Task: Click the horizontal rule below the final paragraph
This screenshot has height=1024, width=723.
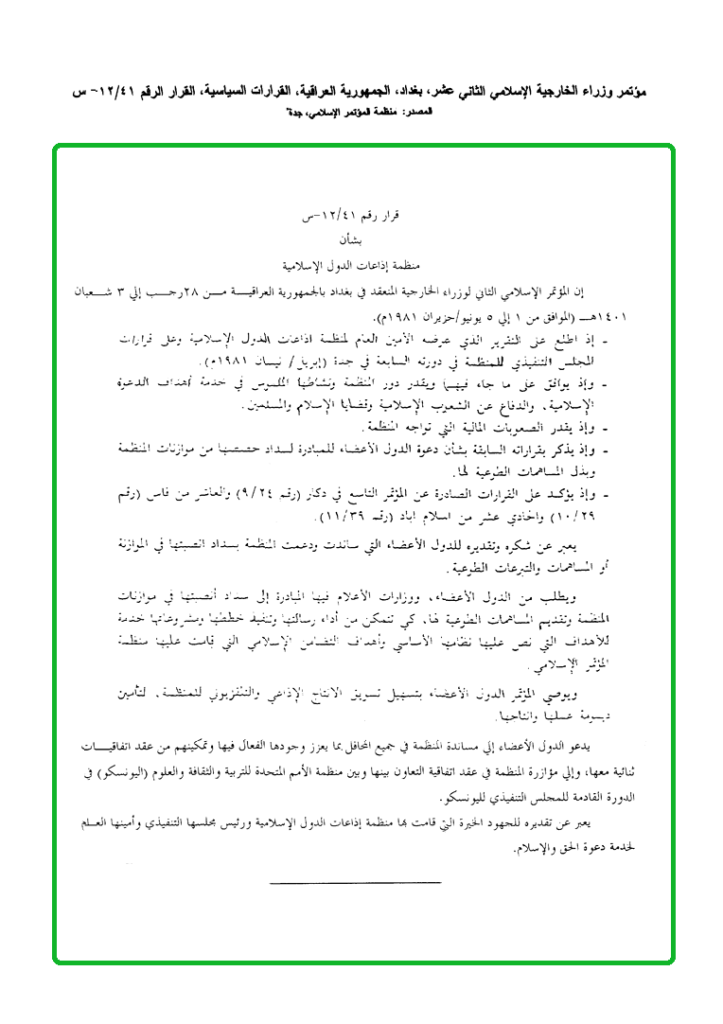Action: click(355, 883)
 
